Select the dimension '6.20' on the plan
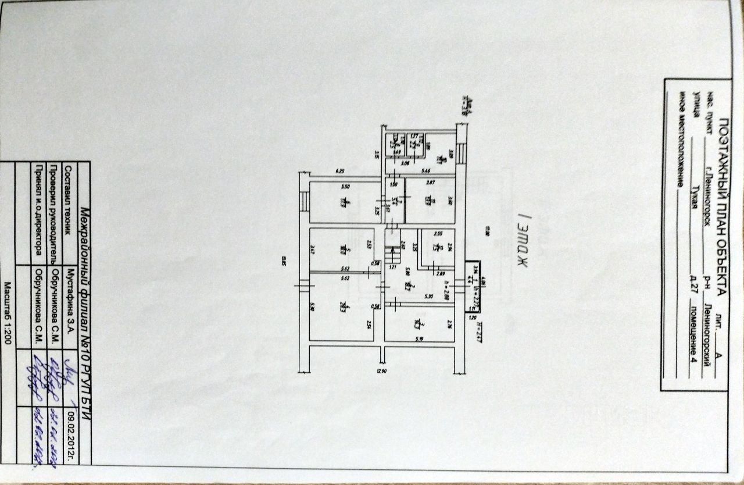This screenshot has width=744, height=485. click(x=341, y=170)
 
